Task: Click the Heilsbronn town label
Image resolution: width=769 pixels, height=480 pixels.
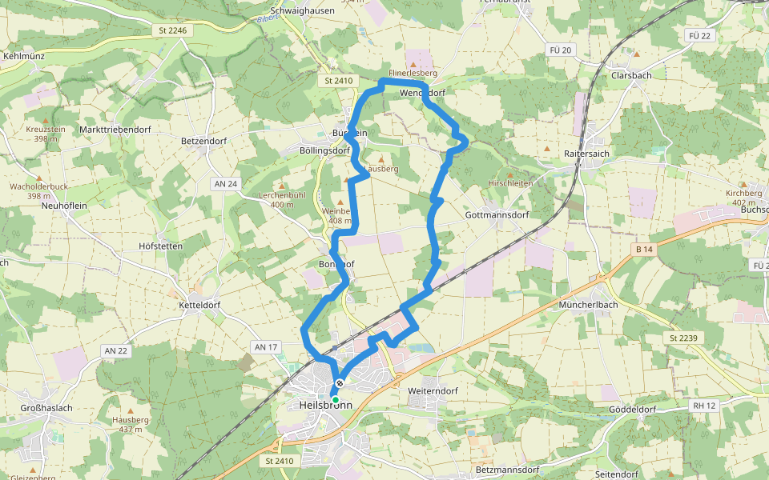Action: coord(324,406)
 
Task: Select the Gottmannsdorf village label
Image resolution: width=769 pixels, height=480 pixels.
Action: coord(497,215)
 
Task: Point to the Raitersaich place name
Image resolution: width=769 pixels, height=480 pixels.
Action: coord(588,153)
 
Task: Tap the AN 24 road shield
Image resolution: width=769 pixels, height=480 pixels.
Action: coord(227,184)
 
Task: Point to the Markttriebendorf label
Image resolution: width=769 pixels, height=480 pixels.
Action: coord(115,130)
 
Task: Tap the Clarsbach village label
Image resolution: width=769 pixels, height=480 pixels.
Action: coord(630,75)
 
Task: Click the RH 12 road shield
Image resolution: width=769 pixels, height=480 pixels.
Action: coord(703,406)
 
